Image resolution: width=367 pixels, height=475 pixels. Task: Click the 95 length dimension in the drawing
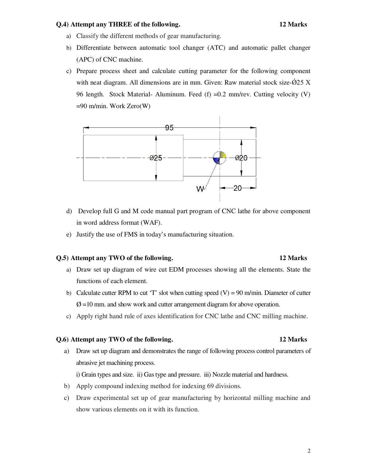(x=169, y=128)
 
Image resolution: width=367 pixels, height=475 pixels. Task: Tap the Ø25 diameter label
(x=156, y=158)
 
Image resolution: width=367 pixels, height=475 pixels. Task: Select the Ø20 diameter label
(x=241, y=158)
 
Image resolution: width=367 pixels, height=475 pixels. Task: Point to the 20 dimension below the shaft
(x=237, y=188)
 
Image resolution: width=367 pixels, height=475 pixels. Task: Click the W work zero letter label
(x=200, y=189)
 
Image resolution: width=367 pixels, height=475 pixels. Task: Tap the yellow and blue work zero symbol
(x=219, y=158)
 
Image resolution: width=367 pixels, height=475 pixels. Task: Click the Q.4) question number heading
(x=62, y=24)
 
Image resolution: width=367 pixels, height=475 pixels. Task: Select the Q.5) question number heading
(x=62, y=258)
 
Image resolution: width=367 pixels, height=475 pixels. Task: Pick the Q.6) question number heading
(x=62, y=339)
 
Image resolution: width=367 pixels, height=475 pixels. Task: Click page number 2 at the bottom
(x=309, y=451)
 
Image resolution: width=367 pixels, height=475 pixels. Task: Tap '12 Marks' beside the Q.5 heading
(x=293, y=258)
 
